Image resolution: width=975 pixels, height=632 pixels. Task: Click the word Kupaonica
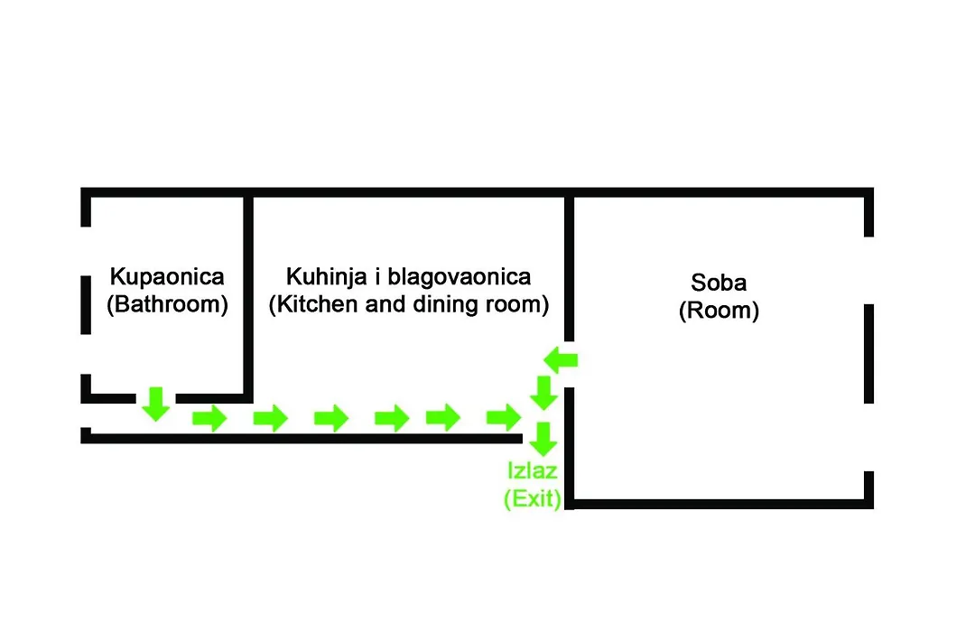coord(167,277)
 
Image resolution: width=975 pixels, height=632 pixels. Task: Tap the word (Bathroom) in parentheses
coord(167,304)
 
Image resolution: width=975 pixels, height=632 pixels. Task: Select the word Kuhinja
coord(327,277)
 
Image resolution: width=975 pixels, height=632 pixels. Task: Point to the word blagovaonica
coord(459,277)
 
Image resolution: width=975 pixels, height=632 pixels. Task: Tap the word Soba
coord(719,283)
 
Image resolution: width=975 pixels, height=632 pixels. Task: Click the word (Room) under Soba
coord(719,311)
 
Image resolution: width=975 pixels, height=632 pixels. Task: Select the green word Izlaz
coord(533,471)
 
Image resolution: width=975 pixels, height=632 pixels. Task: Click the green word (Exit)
coord(533,498)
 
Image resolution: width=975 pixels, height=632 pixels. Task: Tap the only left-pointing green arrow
coord(561,360)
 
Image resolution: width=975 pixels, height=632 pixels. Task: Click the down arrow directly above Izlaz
coord(544,439)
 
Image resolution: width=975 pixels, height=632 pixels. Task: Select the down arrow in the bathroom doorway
coord(156,404)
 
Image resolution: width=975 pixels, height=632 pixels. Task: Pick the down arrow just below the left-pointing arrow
coord(544,393)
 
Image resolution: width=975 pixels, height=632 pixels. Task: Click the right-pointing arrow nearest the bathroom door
coord(209,418)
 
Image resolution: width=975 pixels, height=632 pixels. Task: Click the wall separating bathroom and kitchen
coord(248,295)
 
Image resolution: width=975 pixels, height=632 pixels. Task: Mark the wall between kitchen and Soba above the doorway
coord(569,267)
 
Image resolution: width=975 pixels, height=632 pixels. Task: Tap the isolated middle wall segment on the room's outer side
coord(868,353)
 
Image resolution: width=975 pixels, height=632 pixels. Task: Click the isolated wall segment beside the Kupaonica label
coord(86,305)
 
